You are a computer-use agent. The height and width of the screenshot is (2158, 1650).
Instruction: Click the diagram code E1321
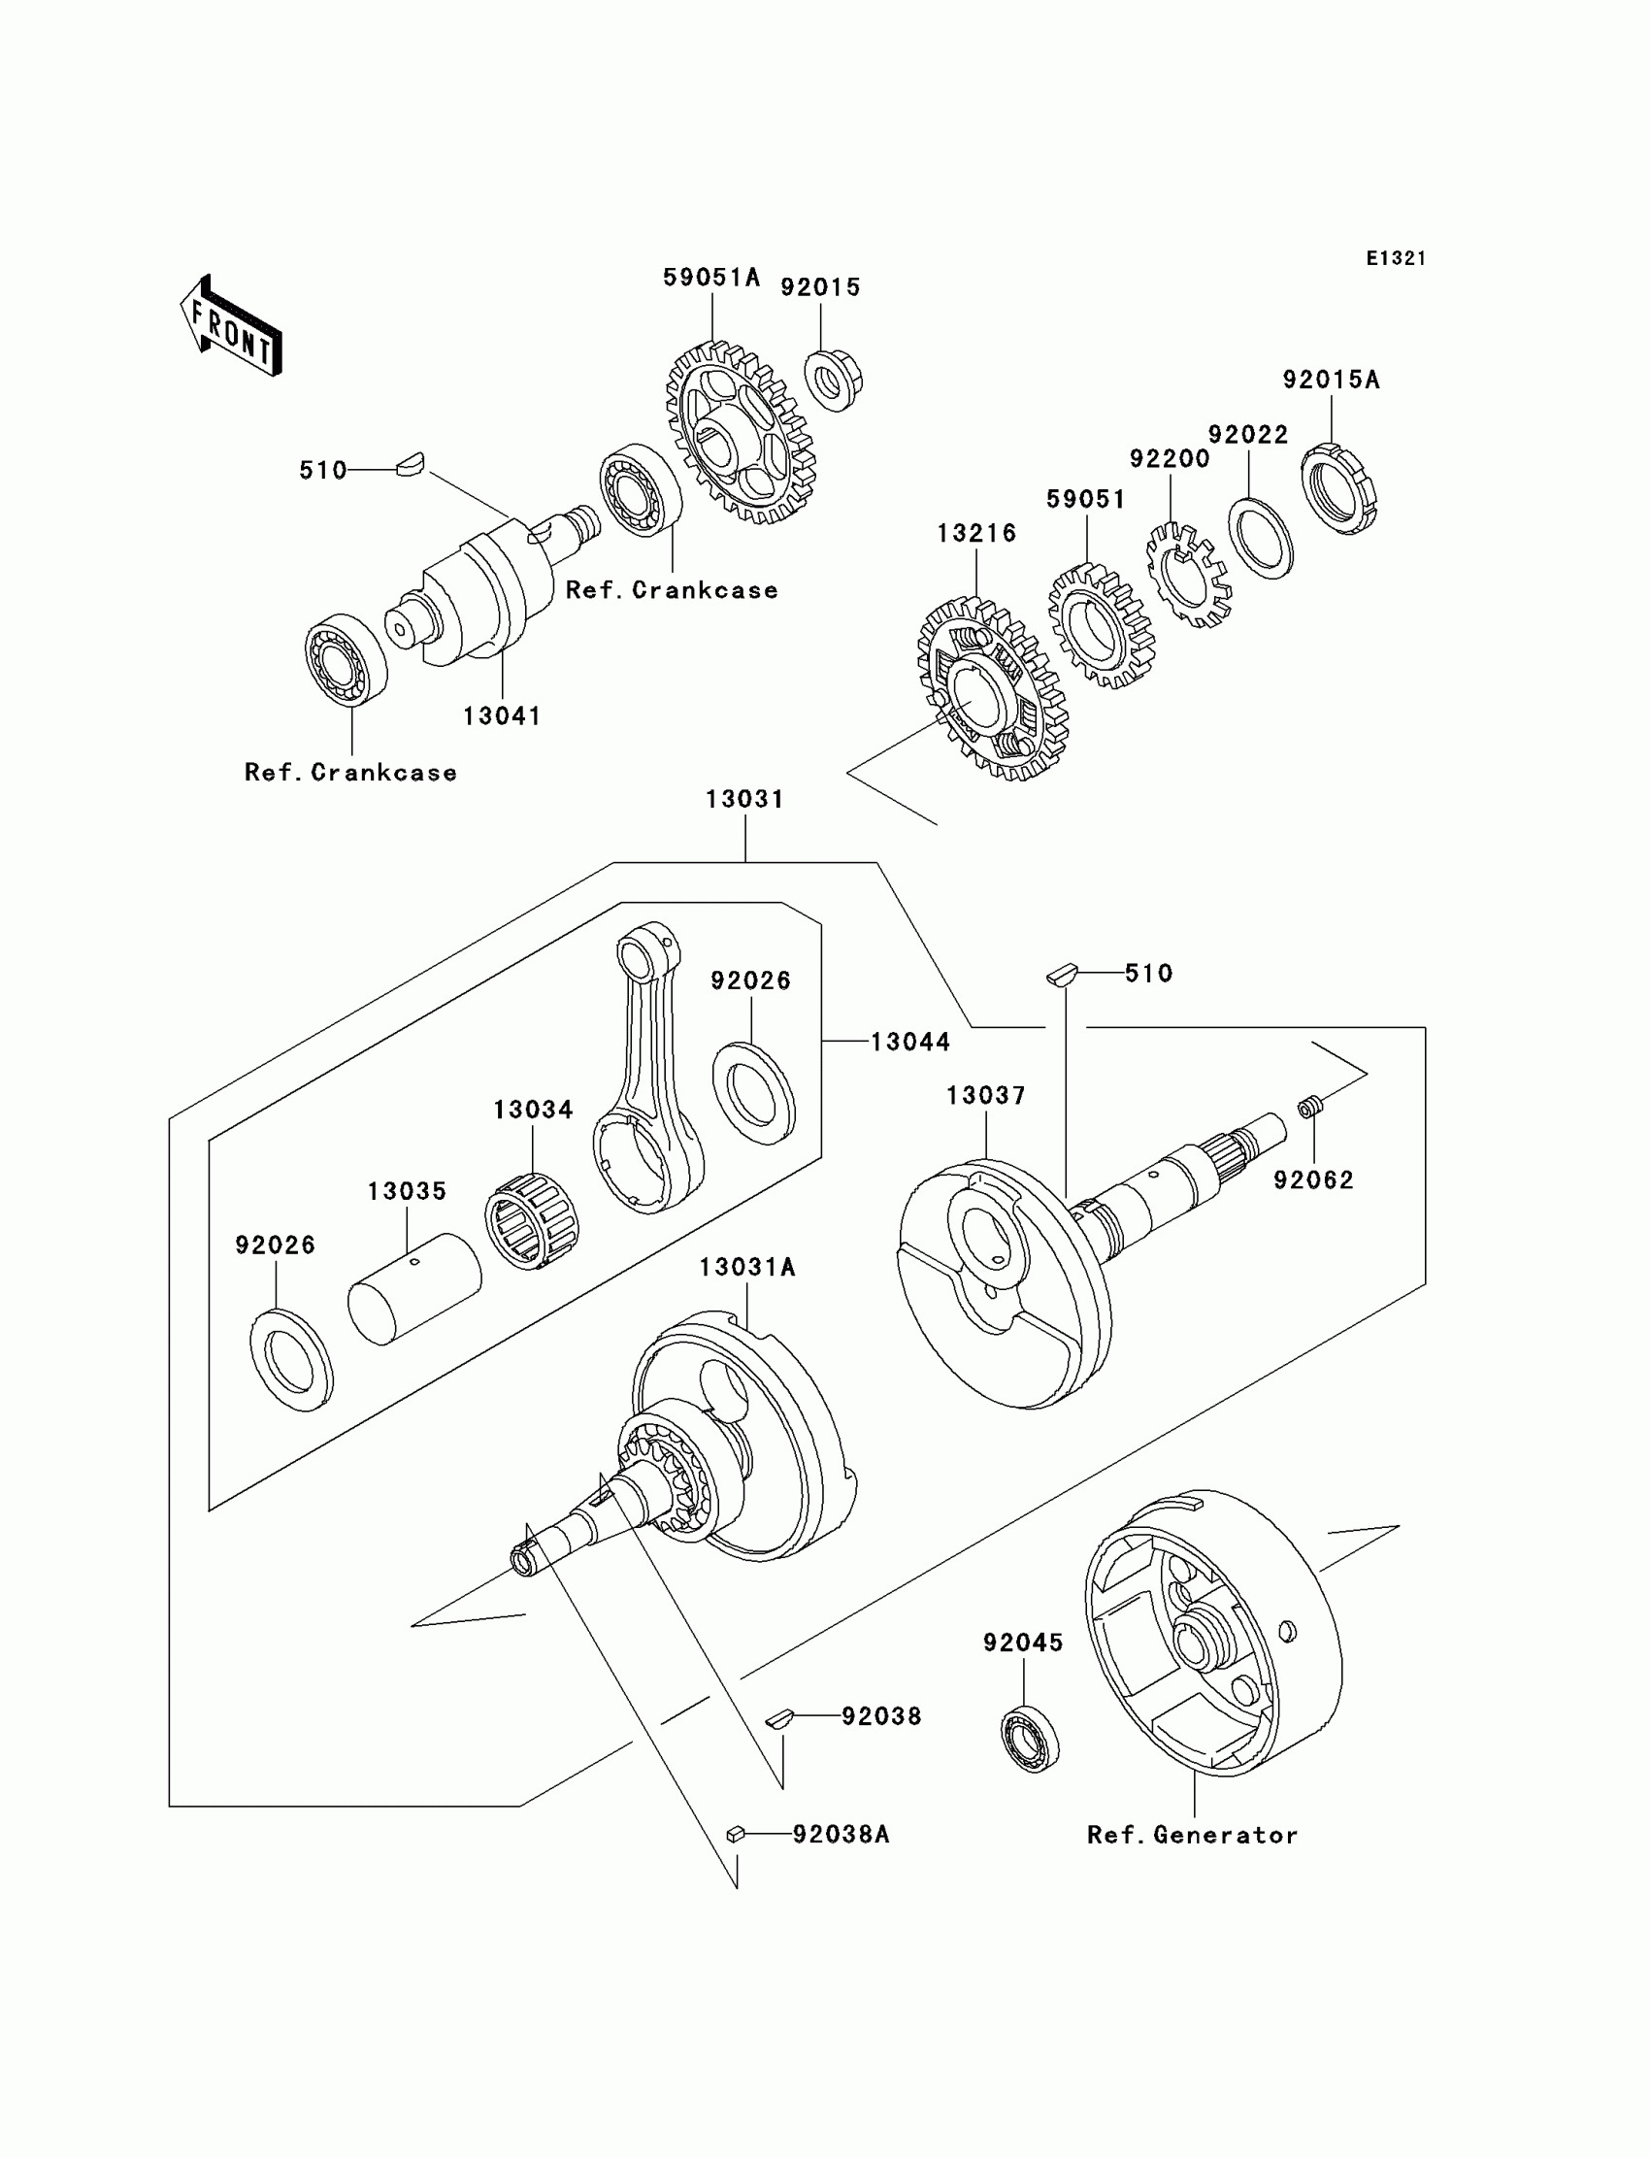pos(1395,258)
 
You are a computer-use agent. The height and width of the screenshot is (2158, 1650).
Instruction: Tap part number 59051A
pos(711,278)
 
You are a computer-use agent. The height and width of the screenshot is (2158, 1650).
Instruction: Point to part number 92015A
pos(1331,381)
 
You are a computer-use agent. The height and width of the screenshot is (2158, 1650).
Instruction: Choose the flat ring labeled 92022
pos(1260,538)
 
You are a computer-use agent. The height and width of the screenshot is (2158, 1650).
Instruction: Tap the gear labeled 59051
pos(1101,626)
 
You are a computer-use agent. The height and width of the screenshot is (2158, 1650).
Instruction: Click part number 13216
pos(976,533)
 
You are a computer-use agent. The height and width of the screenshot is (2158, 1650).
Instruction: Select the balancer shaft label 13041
pos(502,716)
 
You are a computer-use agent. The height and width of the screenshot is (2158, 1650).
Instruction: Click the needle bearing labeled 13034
pos(532,1222)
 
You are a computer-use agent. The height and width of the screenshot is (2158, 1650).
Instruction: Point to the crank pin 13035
pos(414,1288)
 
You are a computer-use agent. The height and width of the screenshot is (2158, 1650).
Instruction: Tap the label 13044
pos(910,1043)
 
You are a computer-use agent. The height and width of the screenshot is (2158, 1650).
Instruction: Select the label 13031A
pos(747,1268)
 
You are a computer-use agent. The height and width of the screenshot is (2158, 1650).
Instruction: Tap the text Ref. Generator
pos(1192,1835)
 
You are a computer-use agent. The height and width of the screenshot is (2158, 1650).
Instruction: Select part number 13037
pos(986,1095)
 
